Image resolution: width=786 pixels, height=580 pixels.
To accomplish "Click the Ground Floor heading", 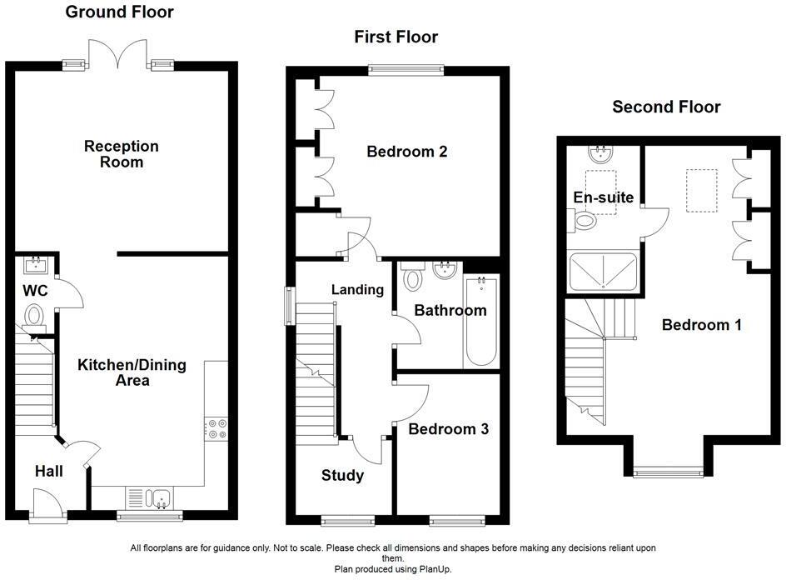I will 119,12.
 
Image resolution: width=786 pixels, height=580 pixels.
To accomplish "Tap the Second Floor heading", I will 666,107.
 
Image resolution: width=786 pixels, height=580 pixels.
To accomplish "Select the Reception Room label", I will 122,154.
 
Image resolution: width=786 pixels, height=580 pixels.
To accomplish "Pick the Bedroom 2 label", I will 407,152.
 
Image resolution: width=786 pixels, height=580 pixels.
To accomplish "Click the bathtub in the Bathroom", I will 480,321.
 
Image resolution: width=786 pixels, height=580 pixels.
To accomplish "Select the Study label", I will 342,476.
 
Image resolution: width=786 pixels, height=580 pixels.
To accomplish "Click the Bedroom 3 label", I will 448,429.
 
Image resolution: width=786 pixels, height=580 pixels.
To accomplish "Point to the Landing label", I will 357,290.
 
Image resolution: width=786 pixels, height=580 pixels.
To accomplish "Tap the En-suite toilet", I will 585,220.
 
